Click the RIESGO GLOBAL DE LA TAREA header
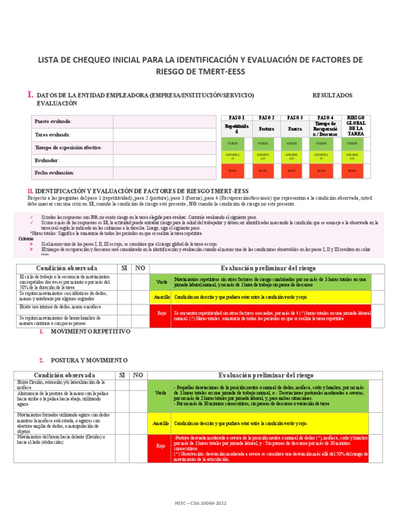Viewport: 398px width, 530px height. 356,125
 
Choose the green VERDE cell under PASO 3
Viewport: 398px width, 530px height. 292,143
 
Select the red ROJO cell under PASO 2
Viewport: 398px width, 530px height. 263,170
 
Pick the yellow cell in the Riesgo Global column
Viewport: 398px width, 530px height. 352,156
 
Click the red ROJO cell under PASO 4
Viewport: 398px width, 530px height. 321,170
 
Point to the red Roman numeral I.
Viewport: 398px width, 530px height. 31,95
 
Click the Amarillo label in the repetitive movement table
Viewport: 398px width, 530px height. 161,298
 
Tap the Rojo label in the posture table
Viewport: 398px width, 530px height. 161,445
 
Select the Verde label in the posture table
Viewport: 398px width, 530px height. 161,393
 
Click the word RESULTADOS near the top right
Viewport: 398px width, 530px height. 332,96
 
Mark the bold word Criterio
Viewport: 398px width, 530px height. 26,239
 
